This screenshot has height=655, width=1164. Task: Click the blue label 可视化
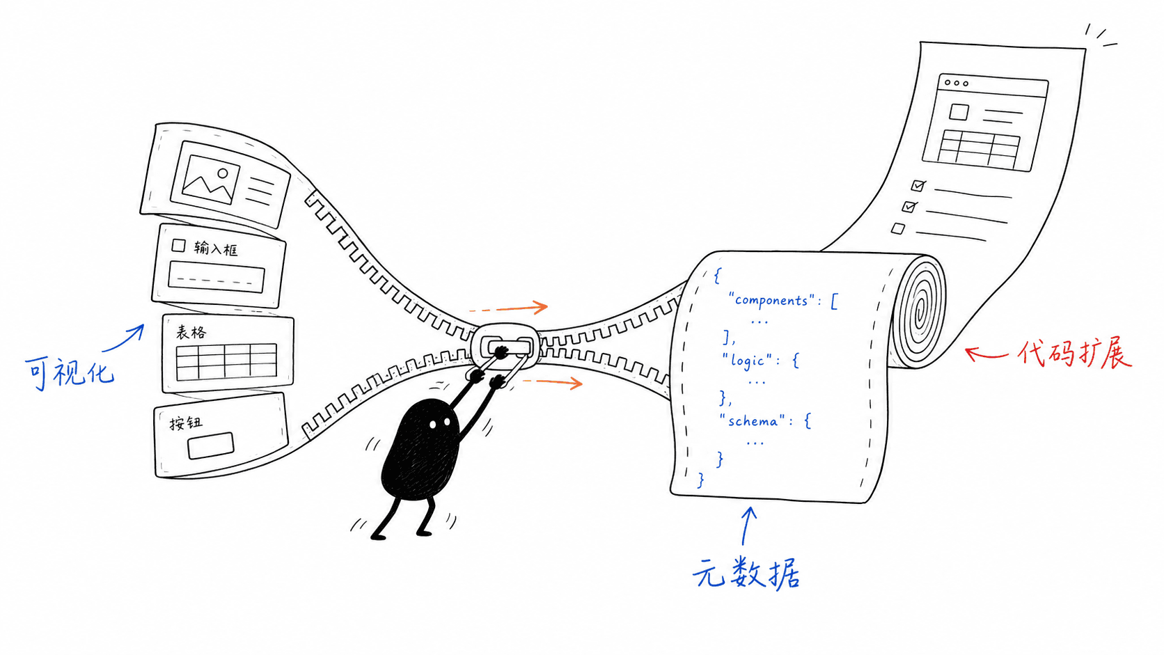pos(70,372)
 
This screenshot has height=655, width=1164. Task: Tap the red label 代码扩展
pos(1074,355)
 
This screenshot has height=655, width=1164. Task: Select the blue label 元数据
pos(746,573)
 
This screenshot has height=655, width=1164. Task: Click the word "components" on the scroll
pos(771,301)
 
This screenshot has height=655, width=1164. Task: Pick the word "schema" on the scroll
pos(753,420)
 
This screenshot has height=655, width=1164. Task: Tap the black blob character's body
pos(421,449)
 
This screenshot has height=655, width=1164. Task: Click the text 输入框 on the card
pos(216,248)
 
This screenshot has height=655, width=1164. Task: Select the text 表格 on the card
pos(191,332)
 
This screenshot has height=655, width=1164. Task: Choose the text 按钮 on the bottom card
pos(185,423)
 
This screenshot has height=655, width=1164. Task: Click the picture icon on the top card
pos(210,180)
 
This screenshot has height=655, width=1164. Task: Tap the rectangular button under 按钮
pos(210,445)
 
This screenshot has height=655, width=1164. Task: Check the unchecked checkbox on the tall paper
pos(898,228)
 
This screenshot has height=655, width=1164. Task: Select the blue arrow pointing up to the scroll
pos(747,526)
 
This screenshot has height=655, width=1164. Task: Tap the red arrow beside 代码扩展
pos(986,354)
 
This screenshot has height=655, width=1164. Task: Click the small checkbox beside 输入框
pos(178,246)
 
